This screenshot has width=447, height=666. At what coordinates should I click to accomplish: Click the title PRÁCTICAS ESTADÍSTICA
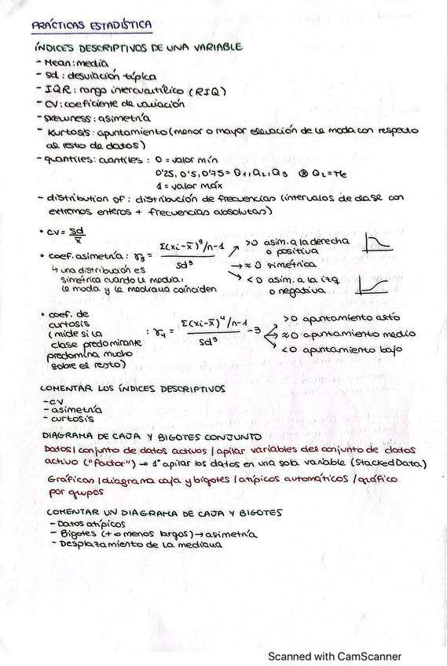92,25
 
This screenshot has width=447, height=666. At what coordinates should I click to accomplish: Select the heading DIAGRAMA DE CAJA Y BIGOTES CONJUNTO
142,436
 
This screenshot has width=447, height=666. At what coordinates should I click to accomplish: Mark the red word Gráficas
66,481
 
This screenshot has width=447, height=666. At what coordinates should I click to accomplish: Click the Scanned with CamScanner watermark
335,656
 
